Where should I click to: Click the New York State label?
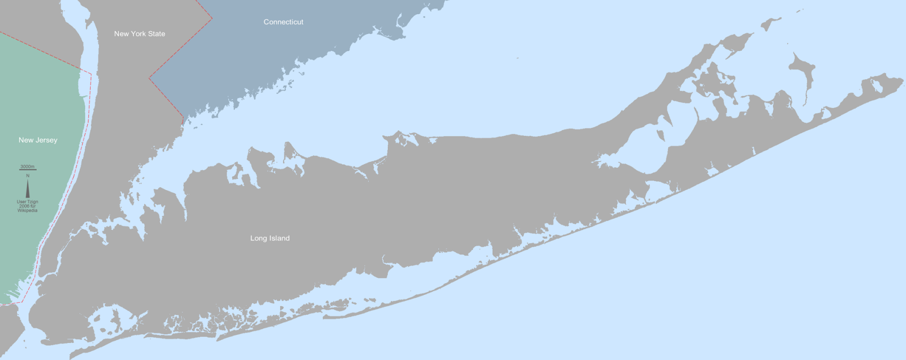click(x=139, y=34)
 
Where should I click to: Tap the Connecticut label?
click(x=283, y=22)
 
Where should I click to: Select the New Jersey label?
click(x=38, y=140)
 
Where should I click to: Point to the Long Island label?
click(x=270, y=238)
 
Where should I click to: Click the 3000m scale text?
click(x=27, y=167)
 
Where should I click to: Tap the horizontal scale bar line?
click(x=27, y=170)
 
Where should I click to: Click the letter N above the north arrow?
click(x=27, y=176)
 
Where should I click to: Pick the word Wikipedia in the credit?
click(x=27, y=211)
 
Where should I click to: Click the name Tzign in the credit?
click(x=32, y=202)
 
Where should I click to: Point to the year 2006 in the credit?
click(x=24, y=206)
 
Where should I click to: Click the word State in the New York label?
click(x=156, y=34)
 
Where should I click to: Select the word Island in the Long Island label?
click(x=280, y=238)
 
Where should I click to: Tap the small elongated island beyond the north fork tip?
click(x=771, y=24)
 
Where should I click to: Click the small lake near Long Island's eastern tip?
click(x=876, y=87)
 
